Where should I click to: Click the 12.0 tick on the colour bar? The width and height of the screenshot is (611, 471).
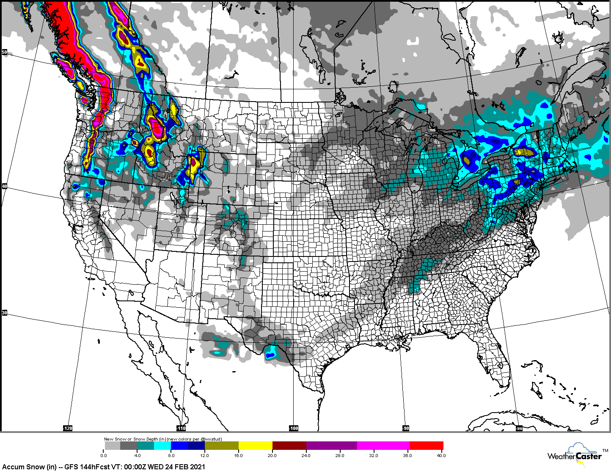coord(205,455)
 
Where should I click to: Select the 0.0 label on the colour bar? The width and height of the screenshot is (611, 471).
coord(104,455)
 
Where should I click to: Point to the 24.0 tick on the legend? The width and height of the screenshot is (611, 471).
coord(306,455)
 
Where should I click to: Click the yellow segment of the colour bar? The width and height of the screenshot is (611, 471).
coord(255,446)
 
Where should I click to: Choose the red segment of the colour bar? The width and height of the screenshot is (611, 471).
coord(426,446)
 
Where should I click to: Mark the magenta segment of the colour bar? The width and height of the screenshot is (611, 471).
coord(383,446)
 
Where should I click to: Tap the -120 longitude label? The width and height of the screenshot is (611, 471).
coord(68,428)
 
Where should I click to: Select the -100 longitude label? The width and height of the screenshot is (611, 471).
coord(294,428)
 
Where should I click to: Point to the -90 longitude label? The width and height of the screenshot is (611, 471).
coord(406,428)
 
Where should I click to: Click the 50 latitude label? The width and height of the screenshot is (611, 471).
coord(5,52)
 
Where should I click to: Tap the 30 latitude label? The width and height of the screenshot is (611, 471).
coord(5,313)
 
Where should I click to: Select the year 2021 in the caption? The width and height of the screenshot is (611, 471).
coord(197,467)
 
